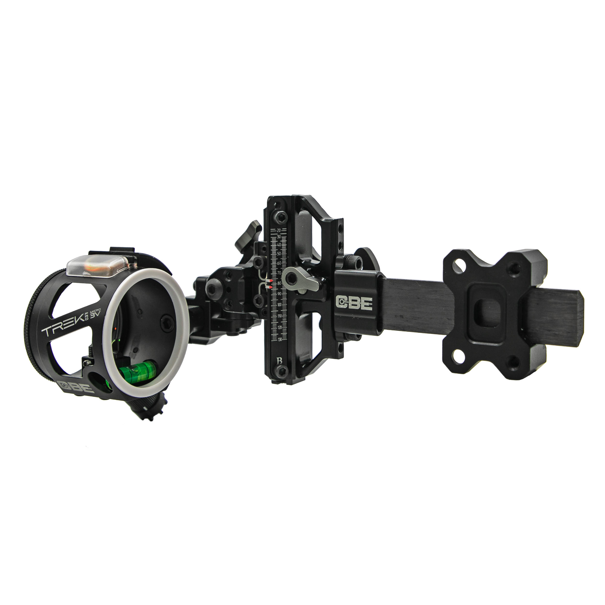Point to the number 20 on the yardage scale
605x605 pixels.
tap(279, 230)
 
